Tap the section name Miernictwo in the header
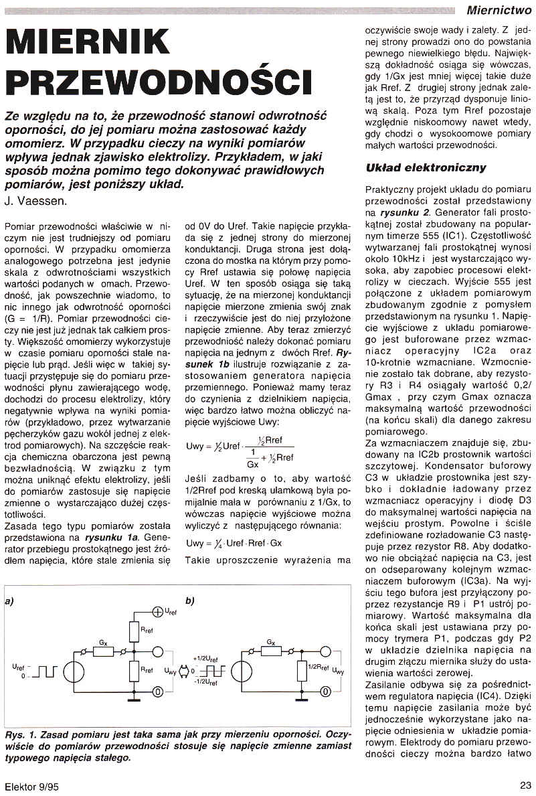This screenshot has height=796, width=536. click(499, 9)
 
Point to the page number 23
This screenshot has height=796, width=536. click(525, 785)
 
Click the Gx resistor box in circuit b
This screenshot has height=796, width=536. click(270, 649)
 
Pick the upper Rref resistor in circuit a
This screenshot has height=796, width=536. click(134, 630)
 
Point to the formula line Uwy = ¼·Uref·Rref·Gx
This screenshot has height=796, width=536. click(234, 543)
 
